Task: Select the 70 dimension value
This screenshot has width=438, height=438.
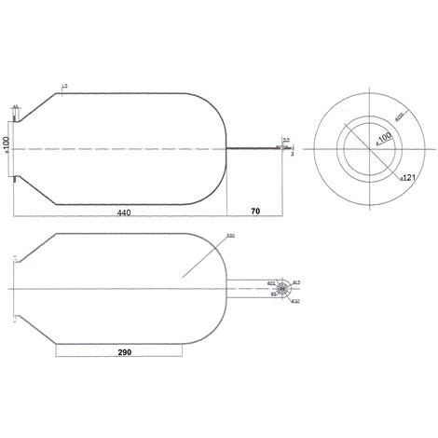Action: coord(253,212)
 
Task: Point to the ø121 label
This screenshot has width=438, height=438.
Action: coord(407,174)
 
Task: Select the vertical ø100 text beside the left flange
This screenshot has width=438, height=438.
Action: coord(6,145)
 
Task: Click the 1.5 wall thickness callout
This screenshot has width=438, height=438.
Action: coord(63,86)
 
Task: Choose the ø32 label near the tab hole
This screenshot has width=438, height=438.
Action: coord(294,301)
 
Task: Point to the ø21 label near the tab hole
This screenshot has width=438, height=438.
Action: coord(270,281)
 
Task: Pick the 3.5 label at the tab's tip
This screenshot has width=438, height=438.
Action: coord(286,140)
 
